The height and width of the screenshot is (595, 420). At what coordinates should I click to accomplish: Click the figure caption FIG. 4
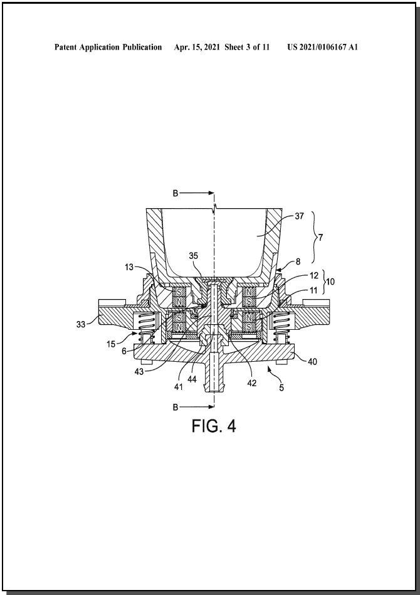click(x=214, y=426)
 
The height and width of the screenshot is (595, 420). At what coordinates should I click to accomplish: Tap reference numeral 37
click(x=300, y=216)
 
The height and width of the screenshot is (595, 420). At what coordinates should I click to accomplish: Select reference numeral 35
click(x=194, y=256)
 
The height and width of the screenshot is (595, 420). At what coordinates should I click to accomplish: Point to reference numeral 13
click(x=129, y=267)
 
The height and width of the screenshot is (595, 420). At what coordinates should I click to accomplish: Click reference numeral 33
click(x=81, y=324)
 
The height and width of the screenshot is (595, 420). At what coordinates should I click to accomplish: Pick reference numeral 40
click(x=312, y=362)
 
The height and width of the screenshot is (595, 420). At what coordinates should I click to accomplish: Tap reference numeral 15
click(x=111, y=344)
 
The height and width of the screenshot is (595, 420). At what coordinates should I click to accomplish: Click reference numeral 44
click(x=192, y=379)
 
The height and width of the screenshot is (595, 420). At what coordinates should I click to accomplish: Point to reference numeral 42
click(x=252, y=383)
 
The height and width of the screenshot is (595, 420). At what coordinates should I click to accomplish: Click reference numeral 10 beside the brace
click(x=330, y=282)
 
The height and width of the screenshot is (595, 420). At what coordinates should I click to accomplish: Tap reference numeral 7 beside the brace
click(x=320, y=238)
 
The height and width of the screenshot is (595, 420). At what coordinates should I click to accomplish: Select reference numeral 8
click(x=298, y=261)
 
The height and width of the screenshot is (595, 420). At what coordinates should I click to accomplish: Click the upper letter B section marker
click(x=176, y=193)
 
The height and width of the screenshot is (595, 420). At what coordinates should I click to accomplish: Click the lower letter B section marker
click(x=176, y=407)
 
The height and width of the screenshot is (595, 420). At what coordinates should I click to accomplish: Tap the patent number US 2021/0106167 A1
click(x=322, y=47)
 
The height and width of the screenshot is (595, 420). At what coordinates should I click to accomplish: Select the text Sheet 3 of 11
click(x=247, y=47)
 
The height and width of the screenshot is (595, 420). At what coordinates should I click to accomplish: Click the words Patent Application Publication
click(x=108, y=47)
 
